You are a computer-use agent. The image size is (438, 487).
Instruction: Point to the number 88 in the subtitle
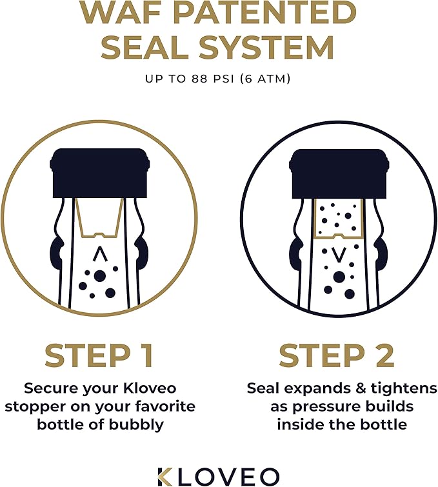point(197,79)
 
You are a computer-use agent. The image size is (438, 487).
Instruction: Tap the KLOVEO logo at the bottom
point(219,475)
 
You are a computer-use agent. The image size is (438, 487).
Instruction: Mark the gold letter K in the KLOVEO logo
point(165,475)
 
